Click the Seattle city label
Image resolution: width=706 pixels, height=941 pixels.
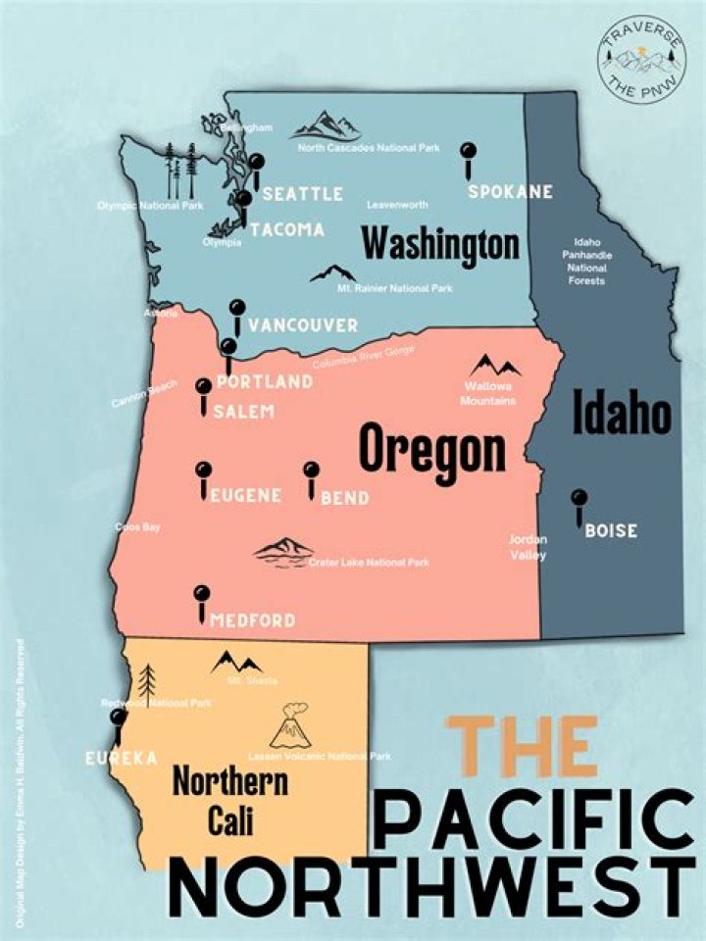[302, 193]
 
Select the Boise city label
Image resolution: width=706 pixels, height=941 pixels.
[610, 531]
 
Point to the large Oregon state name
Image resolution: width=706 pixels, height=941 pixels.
[432, 450]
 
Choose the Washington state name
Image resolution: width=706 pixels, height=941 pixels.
[439, 243]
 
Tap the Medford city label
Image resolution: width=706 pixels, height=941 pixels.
[253, 620]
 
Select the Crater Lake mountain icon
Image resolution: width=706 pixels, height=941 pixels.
[283, 551]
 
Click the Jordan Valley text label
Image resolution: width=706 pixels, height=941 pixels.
[528, 547]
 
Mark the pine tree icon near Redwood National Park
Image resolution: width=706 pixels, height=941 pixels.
[147, 678]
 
